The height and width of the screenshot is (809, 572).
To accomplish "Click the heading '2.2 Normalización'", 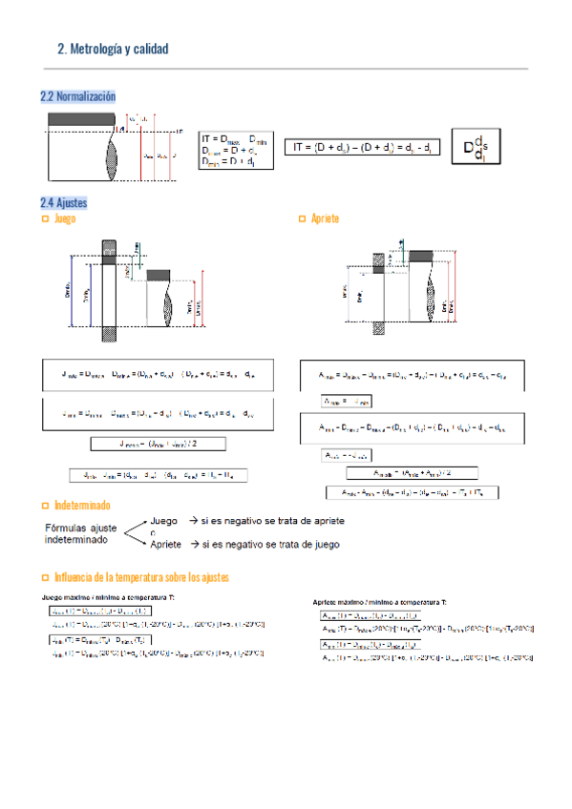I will coord(77,96).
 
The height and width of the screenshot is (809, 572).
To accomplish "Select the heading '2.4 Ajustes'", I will coord(64,202).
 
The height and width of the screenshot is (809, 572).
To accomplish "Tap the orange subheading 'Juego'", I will coord(66,218).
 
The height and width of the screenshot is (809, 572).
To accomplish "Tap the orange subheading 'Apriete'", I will coord(325,218).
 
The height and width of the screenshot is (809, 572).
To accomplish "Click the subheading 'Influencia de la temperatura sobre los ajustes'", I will coord(141,577).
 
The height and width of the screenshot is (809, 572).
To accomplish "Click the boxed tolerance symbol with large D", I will coord(475,148).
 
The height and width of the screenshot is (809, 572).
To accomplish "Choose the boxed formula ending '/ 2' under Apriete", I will coord(412,472).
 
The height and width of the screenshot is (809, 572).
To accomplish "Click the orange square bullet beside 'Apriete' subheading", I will coord(303,218).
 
